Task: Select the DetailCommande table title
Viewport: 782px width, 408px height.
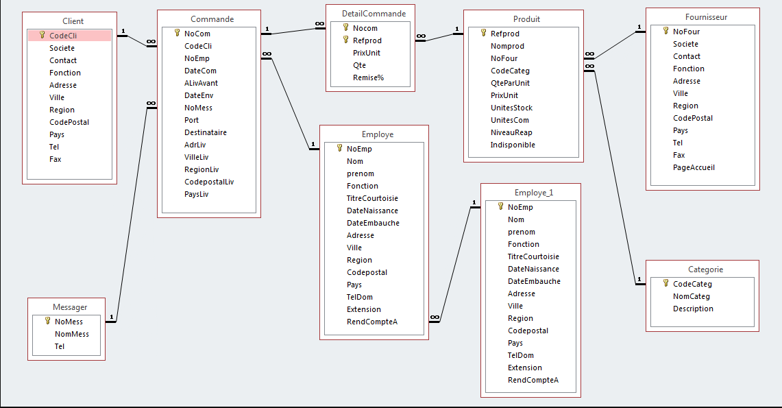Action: (x=374, y=14)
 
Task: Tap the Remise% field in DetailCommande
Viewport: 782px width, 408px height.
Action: (x=368, y=77)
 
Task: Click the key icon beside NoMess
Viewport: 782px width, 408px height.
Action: (x=47, y=321)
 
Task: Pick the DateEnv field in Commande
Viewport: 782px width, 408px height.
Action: (x=198, y=95)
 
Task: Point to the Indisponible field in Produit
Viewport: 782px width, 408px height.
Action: (x=513, y=145)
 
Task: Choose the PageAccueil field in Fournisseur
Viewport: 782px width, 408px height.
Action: (x=694, y=167)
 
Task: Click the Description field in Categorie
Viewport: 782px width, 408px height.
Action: (x=693, y=309)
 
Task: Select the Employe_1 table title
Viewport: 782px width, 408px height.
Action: (x=533, y=193)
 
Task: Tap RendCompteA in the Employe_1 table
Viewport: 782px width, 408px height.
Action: (x=533, y=380)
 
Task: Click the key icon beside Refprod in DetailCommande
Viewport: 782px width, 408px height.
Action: (x=346, y=40)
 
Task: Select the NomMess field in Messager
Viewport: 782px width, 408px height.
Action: (x=72, y=334)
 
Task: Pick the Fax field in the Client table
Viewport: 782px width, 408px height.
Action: (x=56, y=159)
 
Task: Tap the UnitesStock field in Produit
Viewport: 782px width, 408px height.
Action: (x=511, y=108)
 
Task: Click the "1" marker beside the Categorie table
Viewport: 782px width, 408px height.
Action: (x=639, y=279)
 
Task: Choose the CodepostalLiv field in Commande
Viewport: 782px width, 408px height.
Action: (x=209, y=182)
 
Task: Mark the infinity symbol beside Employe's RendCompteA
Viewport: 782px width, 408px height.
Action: (x=435, y=317)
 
